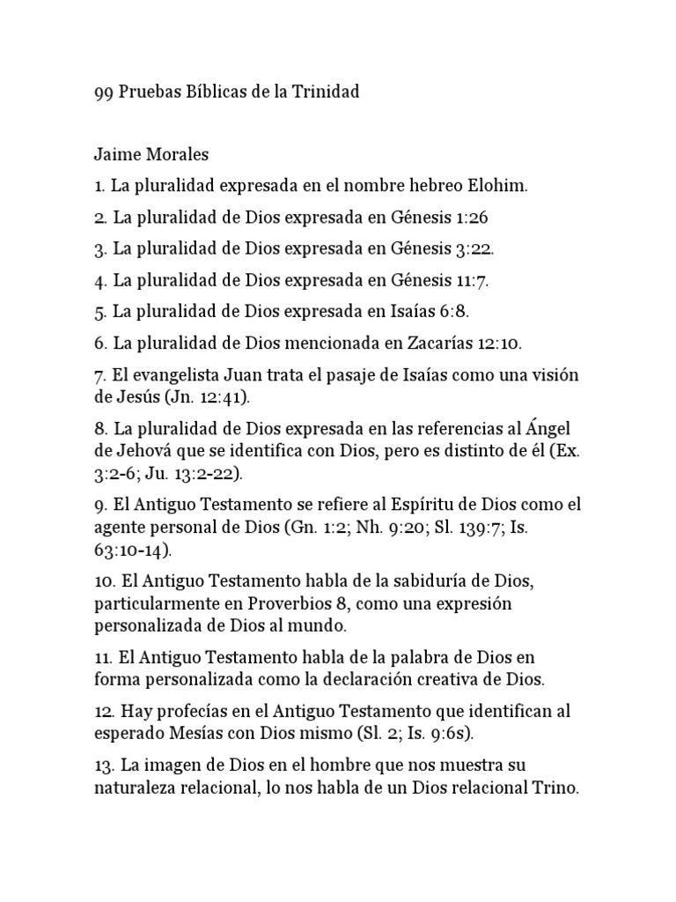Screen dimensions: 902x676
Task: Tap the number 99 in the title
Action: tap(103, 92)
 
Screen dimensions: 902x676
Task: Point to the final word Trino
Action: tap(555, 788)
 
